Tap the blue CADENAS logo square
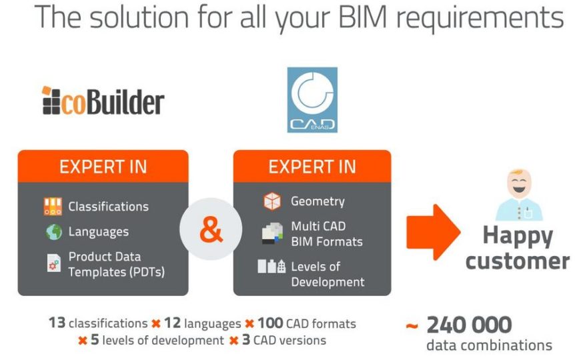point(312,100)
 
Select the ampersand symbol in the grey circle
point(211,229)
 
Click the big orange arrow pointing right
point(434,232)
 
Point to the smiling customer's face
point(519,183)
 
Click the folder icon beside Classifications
point(53,207)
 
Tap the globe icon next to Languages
point(54,232)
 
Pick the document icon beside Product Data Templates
point(54,263)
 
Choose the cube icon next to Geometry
point(272,201)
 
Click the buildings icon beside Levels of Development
point(271,266)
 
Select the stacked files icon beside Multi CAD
point(272,233)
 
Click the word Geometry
point(318,201)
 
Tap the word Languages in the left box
point(99,232)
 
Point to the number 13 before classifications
point(57,323)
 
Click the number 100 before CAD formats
point(270,323)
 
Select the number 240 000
point(469,325)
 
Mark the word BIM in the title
point(362,17)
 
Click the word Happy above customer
point(518,236)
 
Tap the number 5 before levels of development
point(95,339)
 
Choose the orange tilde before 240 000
point(412,326)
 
